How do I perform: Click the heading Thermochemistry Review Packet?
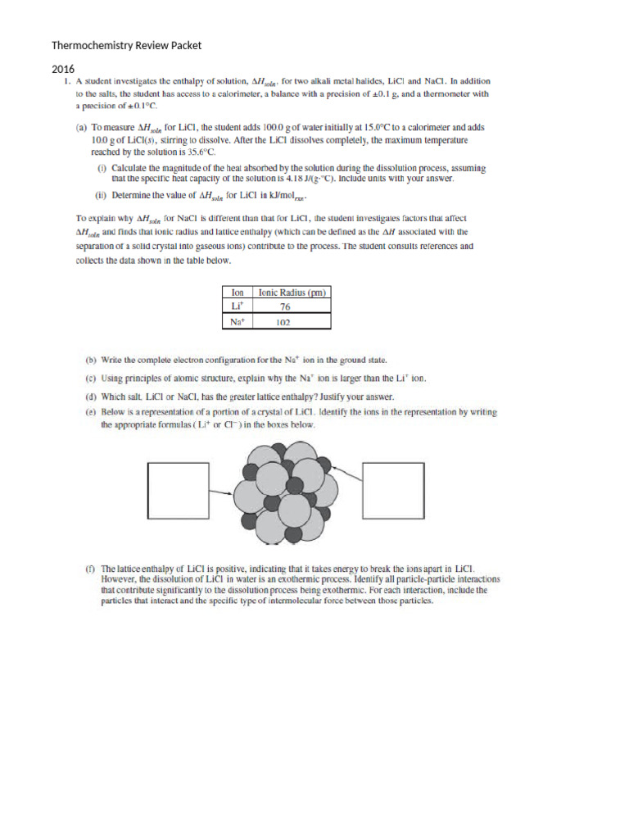[x=126, y=45]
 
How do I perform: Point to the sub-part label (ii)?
[x=102, y=196]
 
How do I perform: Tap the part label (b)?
[x=91, y=360]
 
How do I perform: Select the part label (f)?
[x=90, y=567]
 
